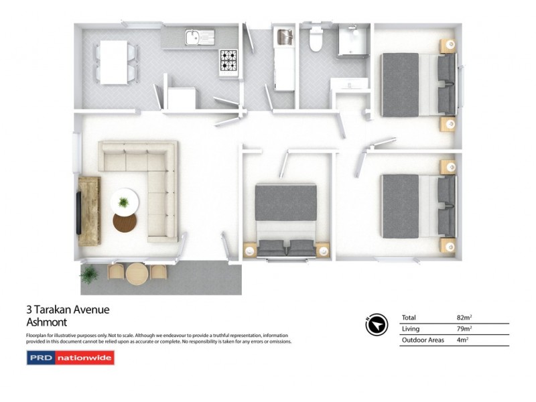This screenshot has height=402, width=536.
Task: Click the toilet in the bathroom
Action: point(315,41)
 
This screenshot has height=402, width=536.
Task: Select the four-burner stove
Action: point(228,61)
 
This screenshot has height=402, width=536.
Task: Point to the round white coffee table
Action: point(124,200)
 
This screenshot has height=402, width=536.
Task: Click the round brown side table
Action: point(125,222)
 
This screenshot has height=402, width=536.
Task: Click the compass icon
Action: point(377,324)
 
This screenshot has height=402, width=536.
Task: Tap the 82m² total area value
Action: point(464,317)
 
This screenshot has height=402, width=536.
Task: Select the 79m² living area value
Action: point(464,329)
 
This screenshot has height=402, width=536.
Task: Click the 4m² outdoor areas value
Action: point(462,340)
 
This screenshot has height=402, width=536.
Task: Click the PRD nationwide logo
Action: point(70,358)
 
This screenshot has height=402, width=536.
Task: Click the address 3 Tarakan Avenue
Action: point(67,310)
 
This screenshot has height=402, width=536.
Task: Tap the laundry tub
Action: point(283,37)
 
